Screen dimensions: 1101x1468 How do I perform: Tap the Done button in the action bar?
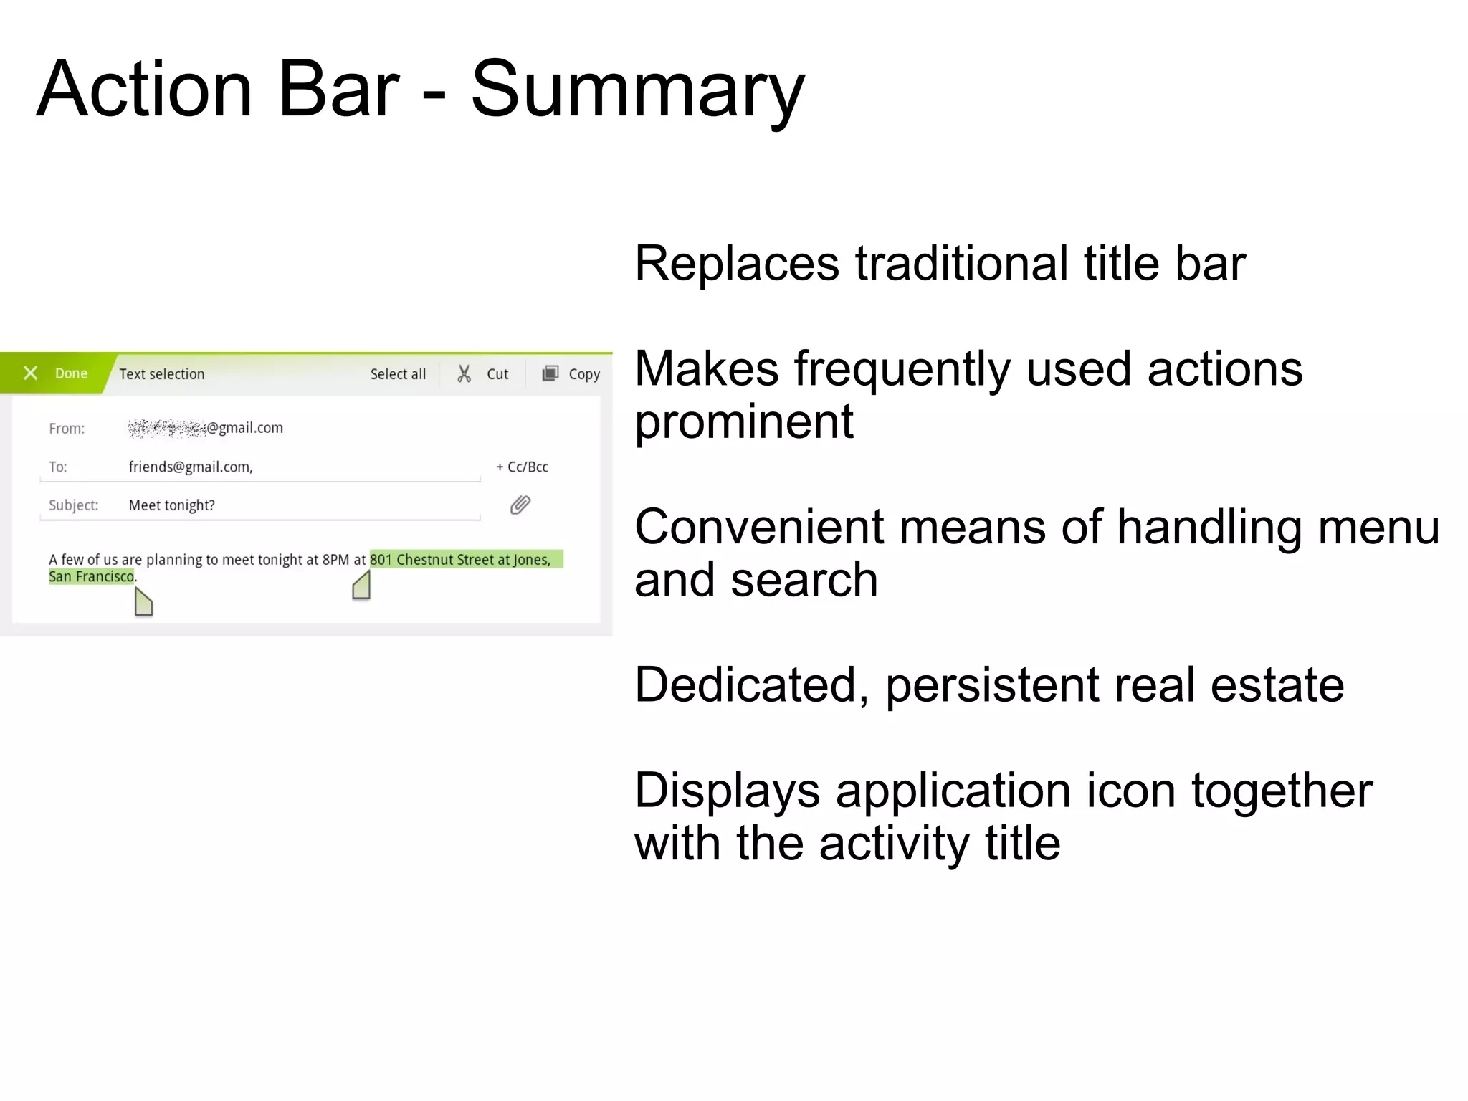[71, 373]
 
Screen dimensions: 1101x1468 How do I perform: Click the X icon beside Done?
[30, 373]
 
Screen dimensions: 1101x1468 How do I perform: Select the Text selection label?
[161, 374]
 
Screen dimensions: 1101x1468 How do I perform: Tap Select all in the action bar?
[398, 374]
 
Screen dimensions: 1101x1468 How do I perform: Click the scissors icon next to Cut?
[464, 373]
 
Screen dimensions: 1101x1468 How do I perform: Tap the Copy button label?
[583, 374]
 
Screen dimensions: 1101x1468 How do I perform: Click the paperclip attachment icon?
[520, 505]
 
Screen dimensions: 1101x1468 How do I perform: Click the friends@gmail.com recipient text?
[190, 467]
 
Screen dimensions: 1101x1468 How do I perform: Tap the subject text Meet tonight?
[171, 505]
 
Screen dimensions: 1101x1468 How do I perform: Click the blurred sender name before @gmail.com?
[166, 428]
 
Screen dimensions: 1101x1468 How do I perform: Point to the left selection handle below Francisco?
[143, 603]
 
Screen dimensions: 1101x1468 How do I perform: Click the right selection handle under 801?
[362, 586]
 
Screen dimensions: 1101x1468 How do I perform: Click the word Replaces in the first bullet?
[736, 264]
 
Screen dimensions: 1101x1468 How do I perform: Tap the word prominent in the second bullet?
[743, 421]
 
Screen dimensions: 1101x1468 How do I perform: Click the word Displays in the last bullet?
[727, 791]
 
